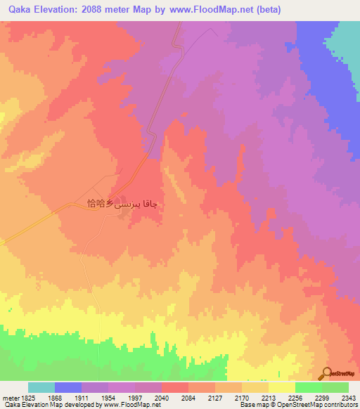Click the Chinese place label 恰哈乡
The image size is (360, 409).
[99, 204]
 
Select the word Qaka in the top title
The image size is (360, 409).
[22, 10]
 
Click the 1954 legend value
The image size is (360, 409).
[110, 397]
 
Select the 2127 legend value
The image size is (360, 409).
[216, 397]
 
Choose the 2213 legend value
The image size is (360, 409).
[269, 397]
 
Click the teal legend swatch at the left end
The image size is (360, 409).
[41, 387]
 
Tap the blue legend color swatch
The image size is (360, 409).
[68, 387]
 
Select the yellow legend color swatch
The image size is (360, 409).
[282, 387]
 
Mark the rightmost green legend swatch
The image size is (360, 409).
[335, 387]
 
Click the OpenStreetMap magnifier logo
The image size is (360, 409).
[326, 373]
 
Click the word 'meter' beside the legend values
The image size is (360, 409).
[9, 397]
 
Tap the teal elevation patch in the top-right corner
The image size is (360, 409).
[344, 42]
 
